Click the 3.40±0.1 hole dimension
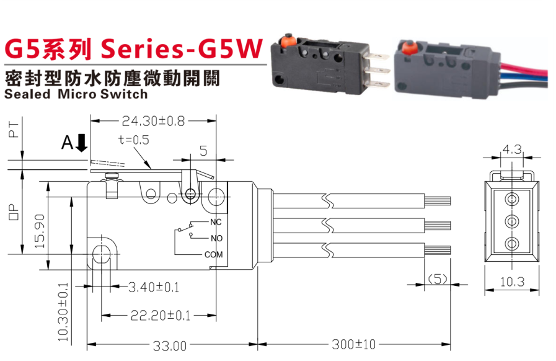point(154,288)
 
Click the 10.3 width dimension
point(512,282)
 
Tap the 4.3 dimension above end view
point(513,149)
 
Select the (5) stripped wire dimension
point(438,280)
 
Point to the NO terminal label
point(216,238)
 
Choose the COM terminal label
point(213,254)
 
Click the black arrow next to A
point(82,144)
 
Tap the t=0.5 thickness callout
point(133,140)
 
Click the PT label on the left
point(14,130)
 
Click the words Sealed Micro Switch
point(76,94)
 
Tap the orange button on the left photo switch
point(287,42)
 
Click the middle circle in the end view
point(512,220)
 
